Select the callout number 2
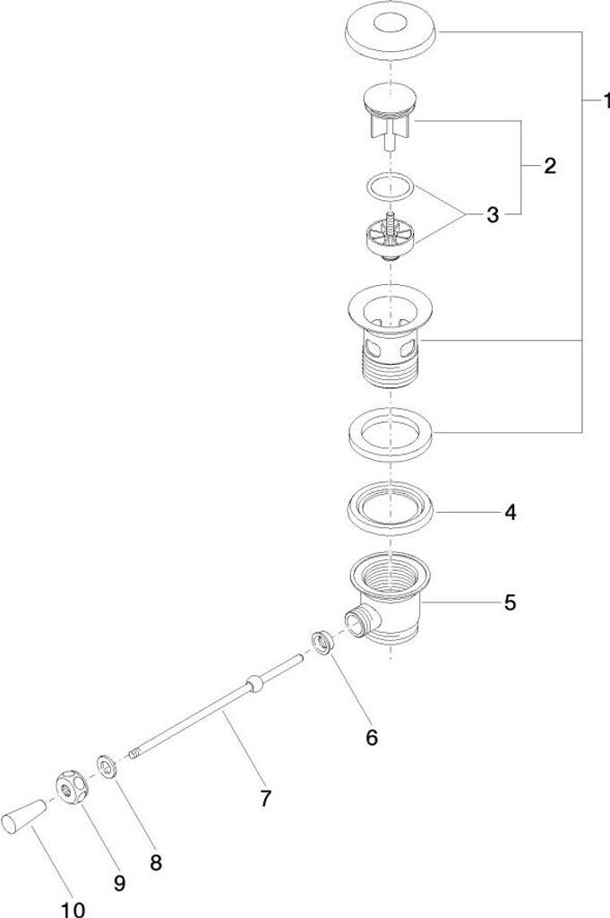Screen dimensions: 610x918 tap(548, 166)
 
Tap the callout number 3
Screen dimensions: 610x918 tap(493, 214)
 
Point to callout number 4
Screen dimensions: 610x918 tap(510, 513)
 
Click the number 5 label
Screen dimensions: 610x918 tap(509, 602)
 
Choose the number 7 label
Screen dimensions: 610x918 tap(265, 798)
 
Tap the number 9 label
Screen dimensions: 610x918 tap(119, 883)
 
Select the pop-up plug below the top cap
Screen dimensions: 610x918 tap(391, 112)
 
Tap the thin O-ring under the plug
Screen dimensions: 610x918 tap(391, 187)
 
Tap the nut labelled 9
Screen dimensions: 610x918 tap(71, 786)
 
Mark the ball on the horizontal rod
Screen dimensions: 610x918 tap(256, 686)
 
